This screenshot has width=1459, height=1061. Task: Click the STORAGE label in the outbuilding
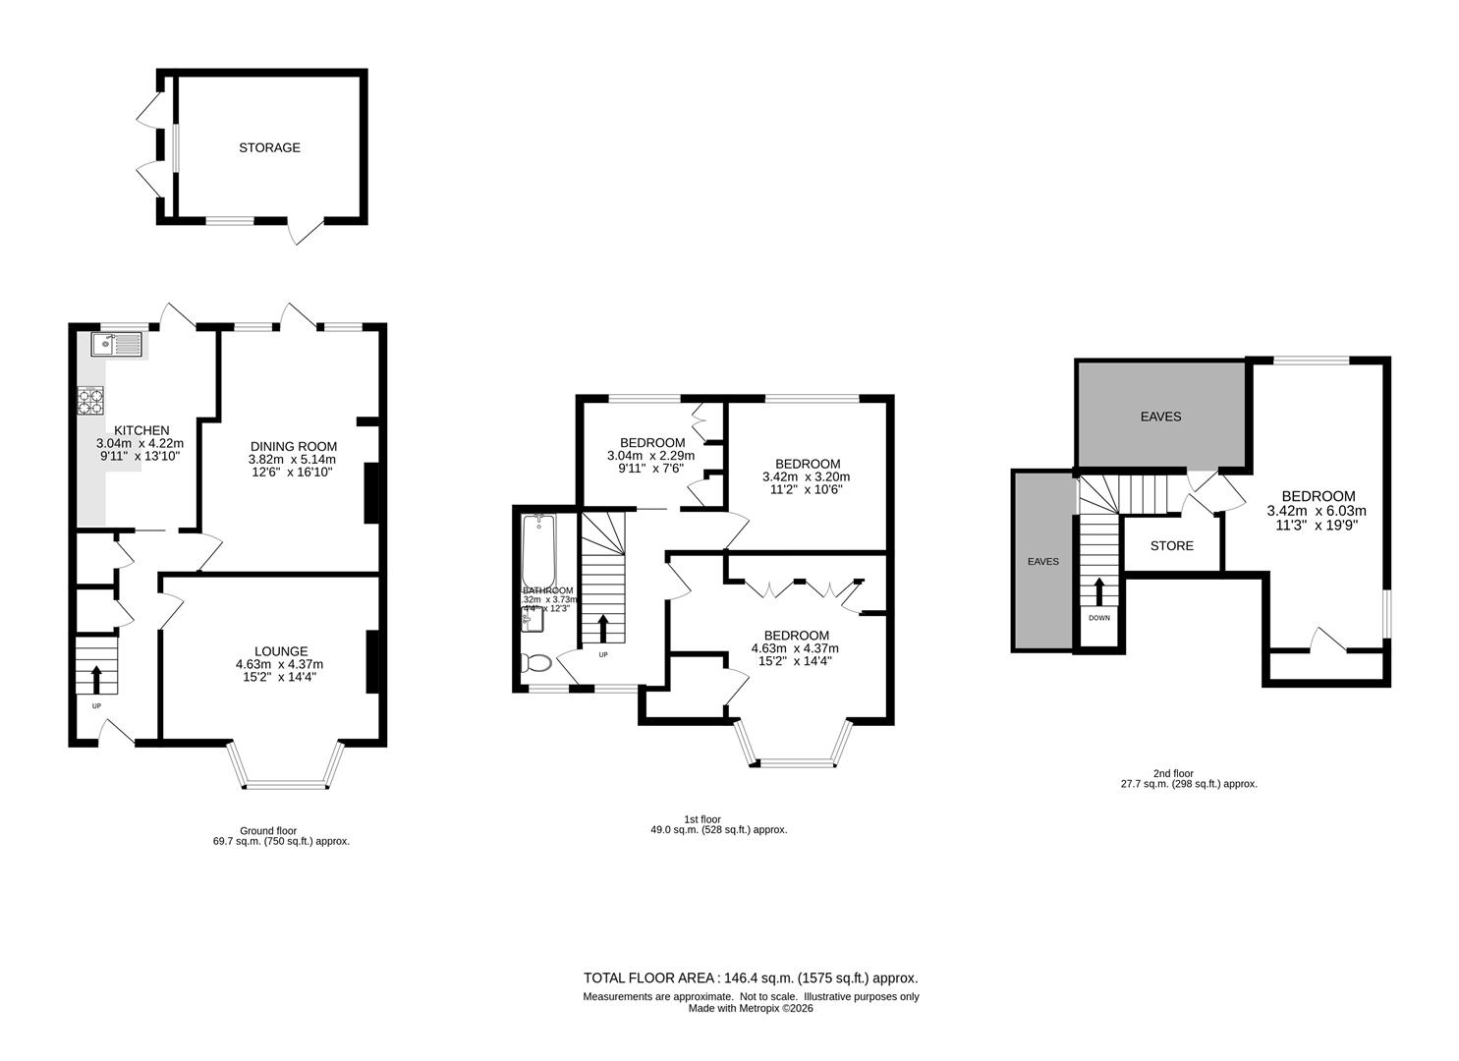coord(269,148)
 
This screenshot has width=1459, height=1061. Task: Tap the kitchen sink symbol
coord(116,344)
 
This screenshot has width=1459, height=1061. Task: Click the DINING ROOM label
coord(292,446)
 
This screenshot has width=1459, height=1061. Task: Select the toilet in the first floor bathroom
coord(537,663)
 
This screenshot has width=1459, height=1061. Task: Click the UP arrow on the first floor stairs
coord(603,628)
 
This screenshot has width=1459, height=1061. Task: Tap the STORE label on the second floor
coord(1171,545)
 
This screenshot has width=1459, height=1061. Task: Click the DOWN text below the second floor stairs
coord(1098,618)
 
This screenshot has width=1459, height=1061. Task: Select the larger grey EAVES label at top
coord(1160,417)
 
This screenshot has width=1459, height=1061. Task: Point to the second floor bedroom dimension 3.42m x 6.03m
coord(1317,511)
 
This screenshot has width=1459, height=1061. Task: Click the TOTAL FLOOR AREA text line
coord(751,978)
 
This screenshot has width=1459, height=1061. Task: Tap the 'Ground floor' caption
coord(268,830)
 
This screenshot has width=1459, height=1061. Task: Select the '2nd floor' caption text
coord(1175,773)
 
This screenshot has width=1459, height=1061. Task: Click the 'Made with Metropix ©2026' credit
coord(751,1008)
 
